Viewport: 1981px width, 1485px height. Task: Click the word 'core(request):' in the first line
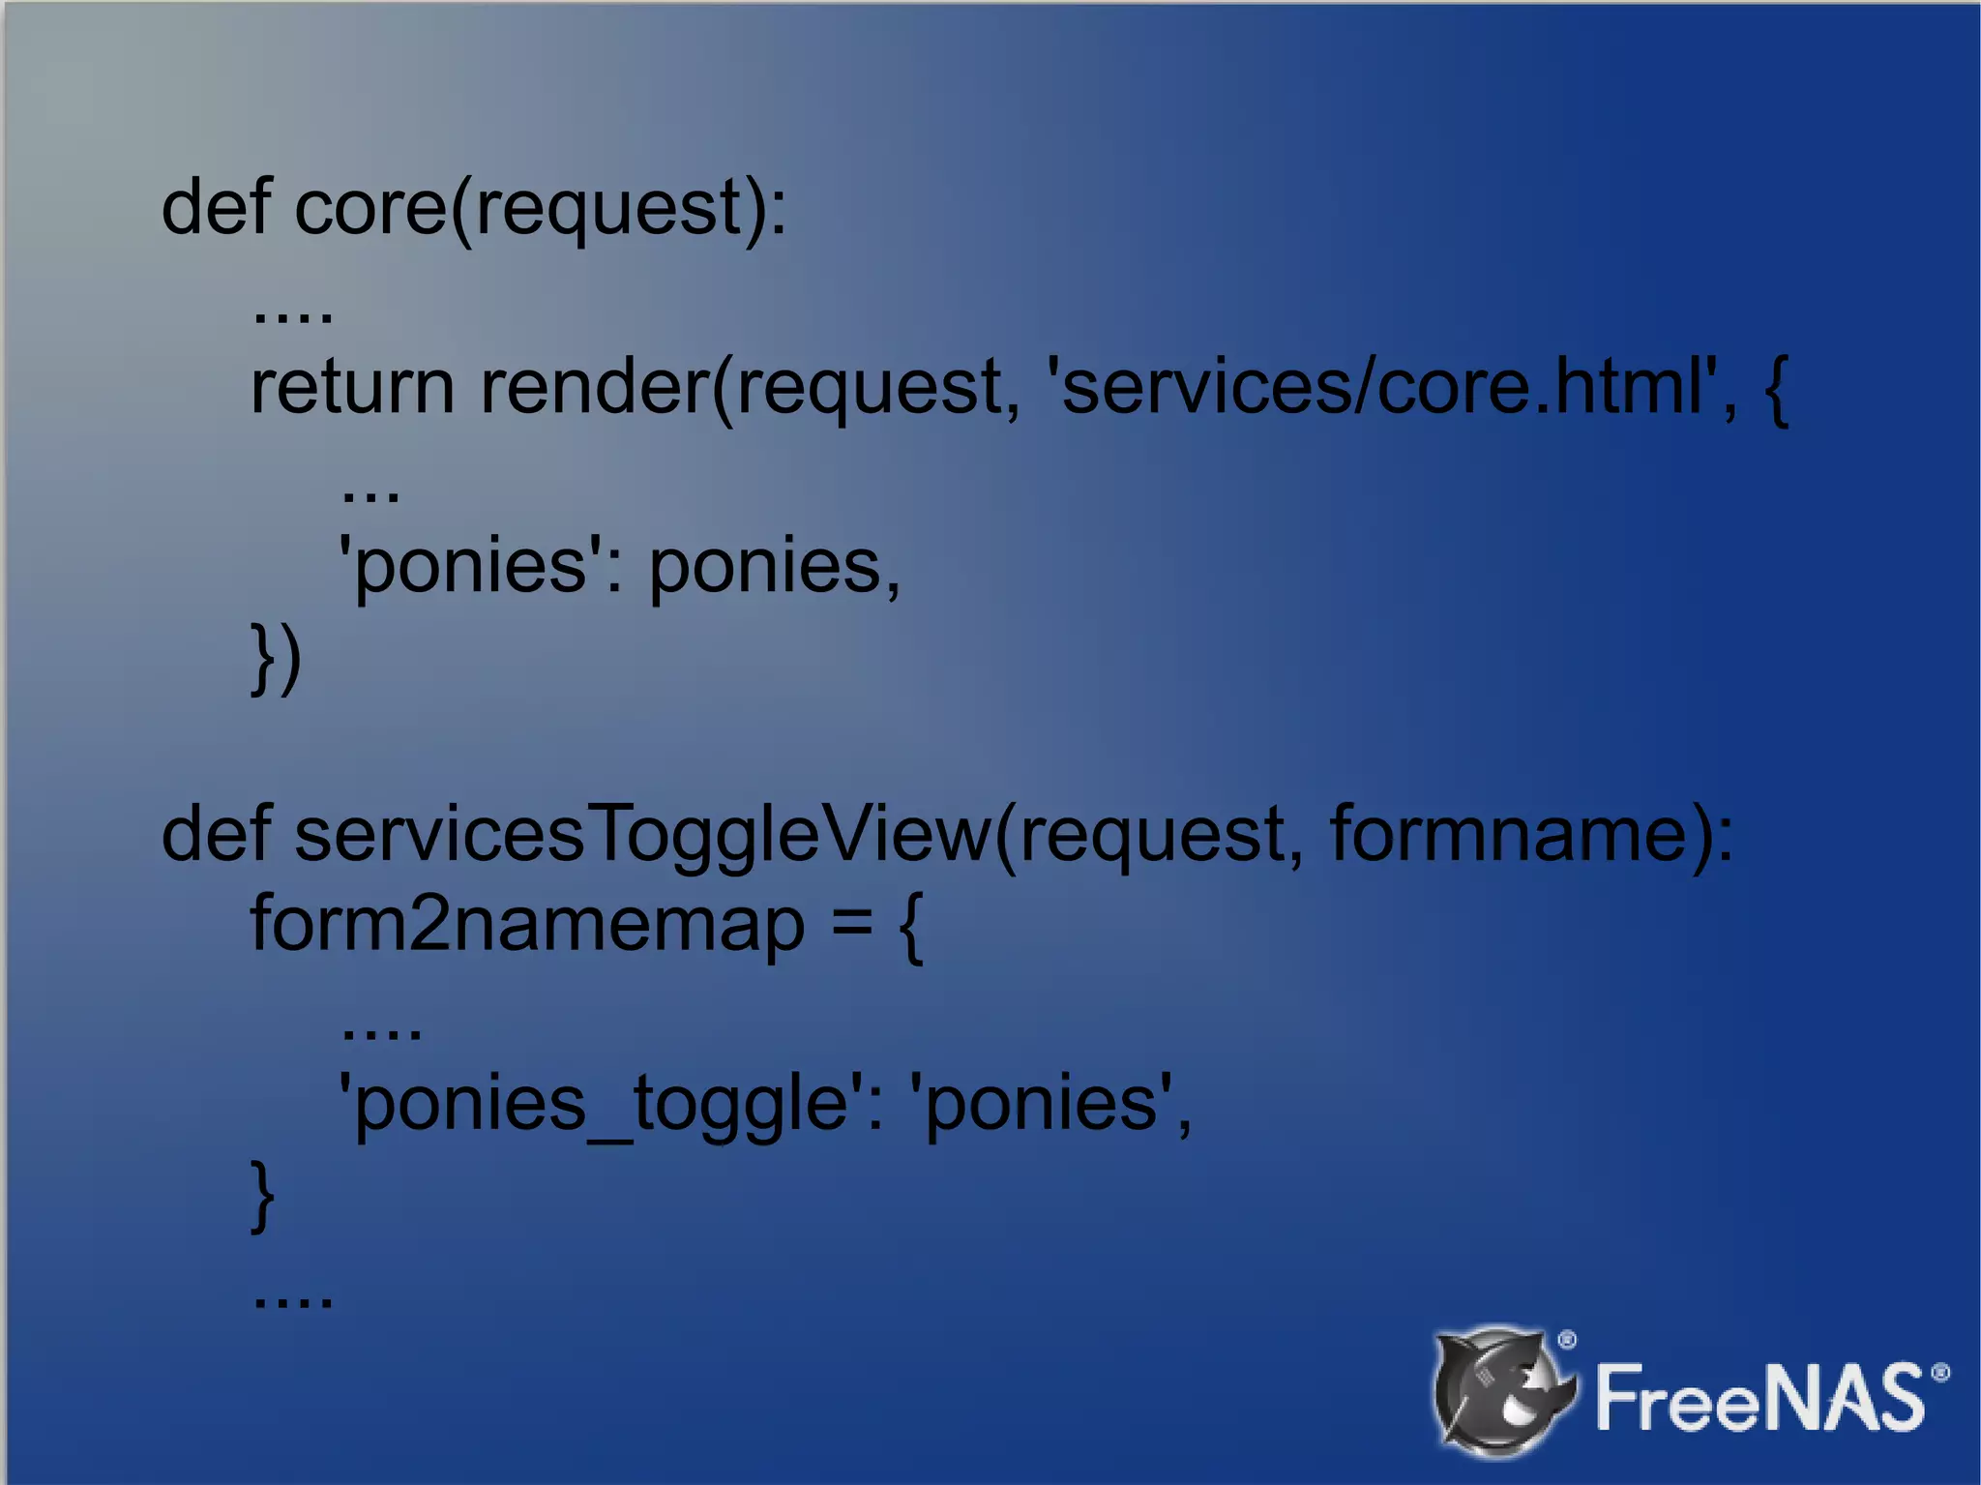(540, 208)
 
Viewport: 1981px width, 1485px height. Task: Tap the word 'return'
(352, 387)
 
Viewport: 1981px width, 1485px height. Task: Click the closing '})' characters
(276, 658)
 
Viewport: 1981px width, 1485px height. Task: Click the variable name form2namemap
(527, 924)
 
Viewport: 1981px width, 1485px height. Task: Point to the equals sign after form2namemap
(851, 924)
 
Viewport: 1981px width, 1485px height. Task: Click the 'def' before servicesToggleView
(216, 834)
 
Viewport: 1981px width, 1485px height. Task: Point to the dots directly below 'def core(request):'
(292, 315)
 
